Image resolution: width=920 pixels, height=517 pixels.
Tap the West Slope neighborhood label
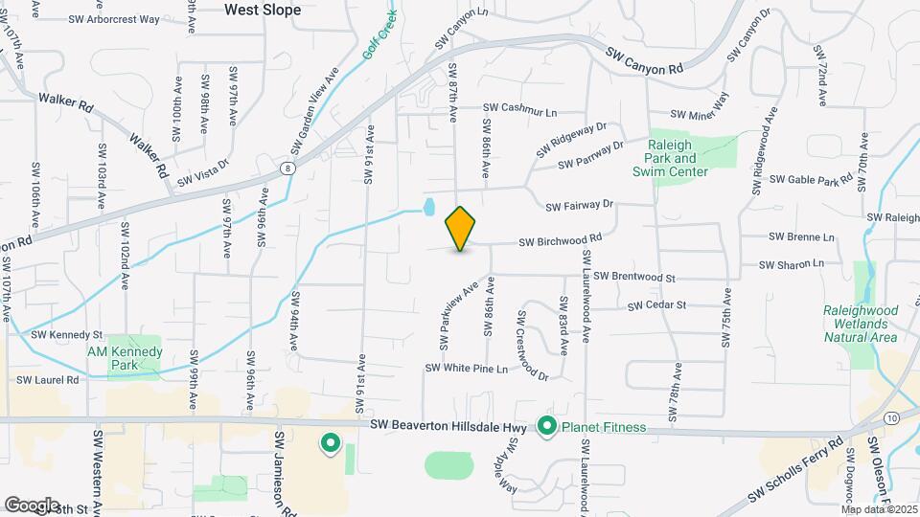[263, 10]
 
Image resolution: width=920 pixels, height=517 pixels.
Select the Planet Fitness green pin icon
[548, 426]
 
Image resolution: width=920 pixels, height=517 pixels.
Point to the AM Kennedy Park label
[123, 358]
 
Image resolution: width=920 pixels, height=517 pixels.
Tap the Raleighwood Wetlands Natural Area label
[861, 324]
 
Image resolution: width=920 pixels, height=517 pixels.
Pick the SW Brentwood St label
[634, 277]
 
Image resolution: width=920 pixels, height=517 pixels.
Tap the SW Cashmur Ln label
[519, 110]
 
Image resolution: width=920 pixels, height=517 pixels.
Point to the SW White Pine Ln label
[467, 369]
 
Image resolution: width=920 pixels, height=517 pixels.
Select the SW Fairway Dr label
[579, 205]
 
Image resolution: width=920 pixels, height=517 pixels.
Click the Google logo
[32, 505]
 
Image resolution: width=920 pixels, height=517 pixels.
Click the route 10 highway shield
[891, 418]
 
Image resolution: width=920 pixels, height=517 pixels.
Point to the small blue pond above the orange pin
[428, 206]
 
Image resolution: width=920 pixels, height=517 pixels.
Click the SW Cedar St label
[657, 305]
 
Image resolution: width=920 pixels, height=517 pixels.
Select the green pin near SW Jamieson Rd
[331, 442]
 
